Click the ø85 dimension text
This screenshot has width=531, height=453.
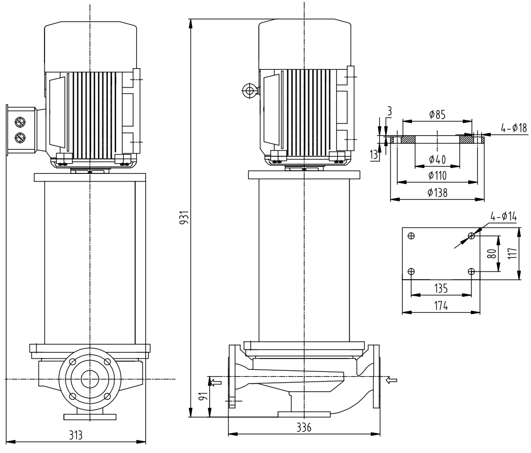pos(437,115)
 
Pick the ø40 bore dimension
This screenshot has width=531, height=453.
pos(437,159)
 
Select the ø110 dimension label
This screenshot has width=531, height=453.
pos(437,175)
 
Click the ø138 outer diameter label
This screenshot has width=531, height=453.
pos(437,192)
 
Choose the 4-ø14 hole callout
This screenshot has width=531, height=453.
pos(503,216)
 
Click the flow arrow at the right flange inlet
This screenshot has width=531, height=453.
pos(392,381)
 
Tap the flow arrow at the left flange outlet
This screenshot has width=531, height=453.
pos(216,382)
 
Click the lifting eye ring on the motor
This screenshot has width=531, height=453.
pos(248,91)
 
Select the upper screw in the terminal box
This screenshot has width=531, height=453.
pos(20,121)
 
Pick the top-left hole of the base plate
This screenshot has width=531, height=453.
pos(411,236)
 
